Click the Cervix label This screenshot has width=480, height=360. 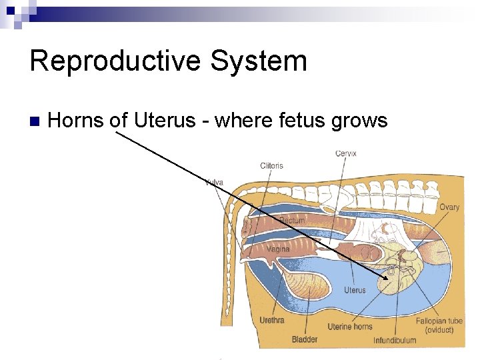coord(345,153)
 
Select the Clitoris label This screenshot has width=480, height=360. coord(271,165)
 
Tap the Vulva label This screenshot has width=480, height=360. coord(214,182)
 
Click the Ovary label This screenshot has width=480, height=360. coord(449,207)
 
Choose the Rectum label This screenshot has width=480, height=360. coord(292,220)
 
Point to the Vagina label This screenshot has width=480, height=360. coord(278,249)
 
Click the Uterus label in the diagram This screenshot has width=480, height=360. coord(355,290)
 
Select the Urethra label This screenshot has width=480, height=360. coord(271,321)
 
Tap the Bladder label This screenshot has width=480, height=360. coord(305,339)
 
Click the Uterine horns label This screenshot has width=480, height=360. coord(349,327)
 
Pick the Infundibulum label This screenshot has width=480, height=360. coord(395,340)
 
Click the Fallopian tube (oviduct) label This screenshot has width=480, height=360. coord(439,325)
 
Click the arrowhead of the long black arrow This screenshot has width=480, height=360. coord(389,277)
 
